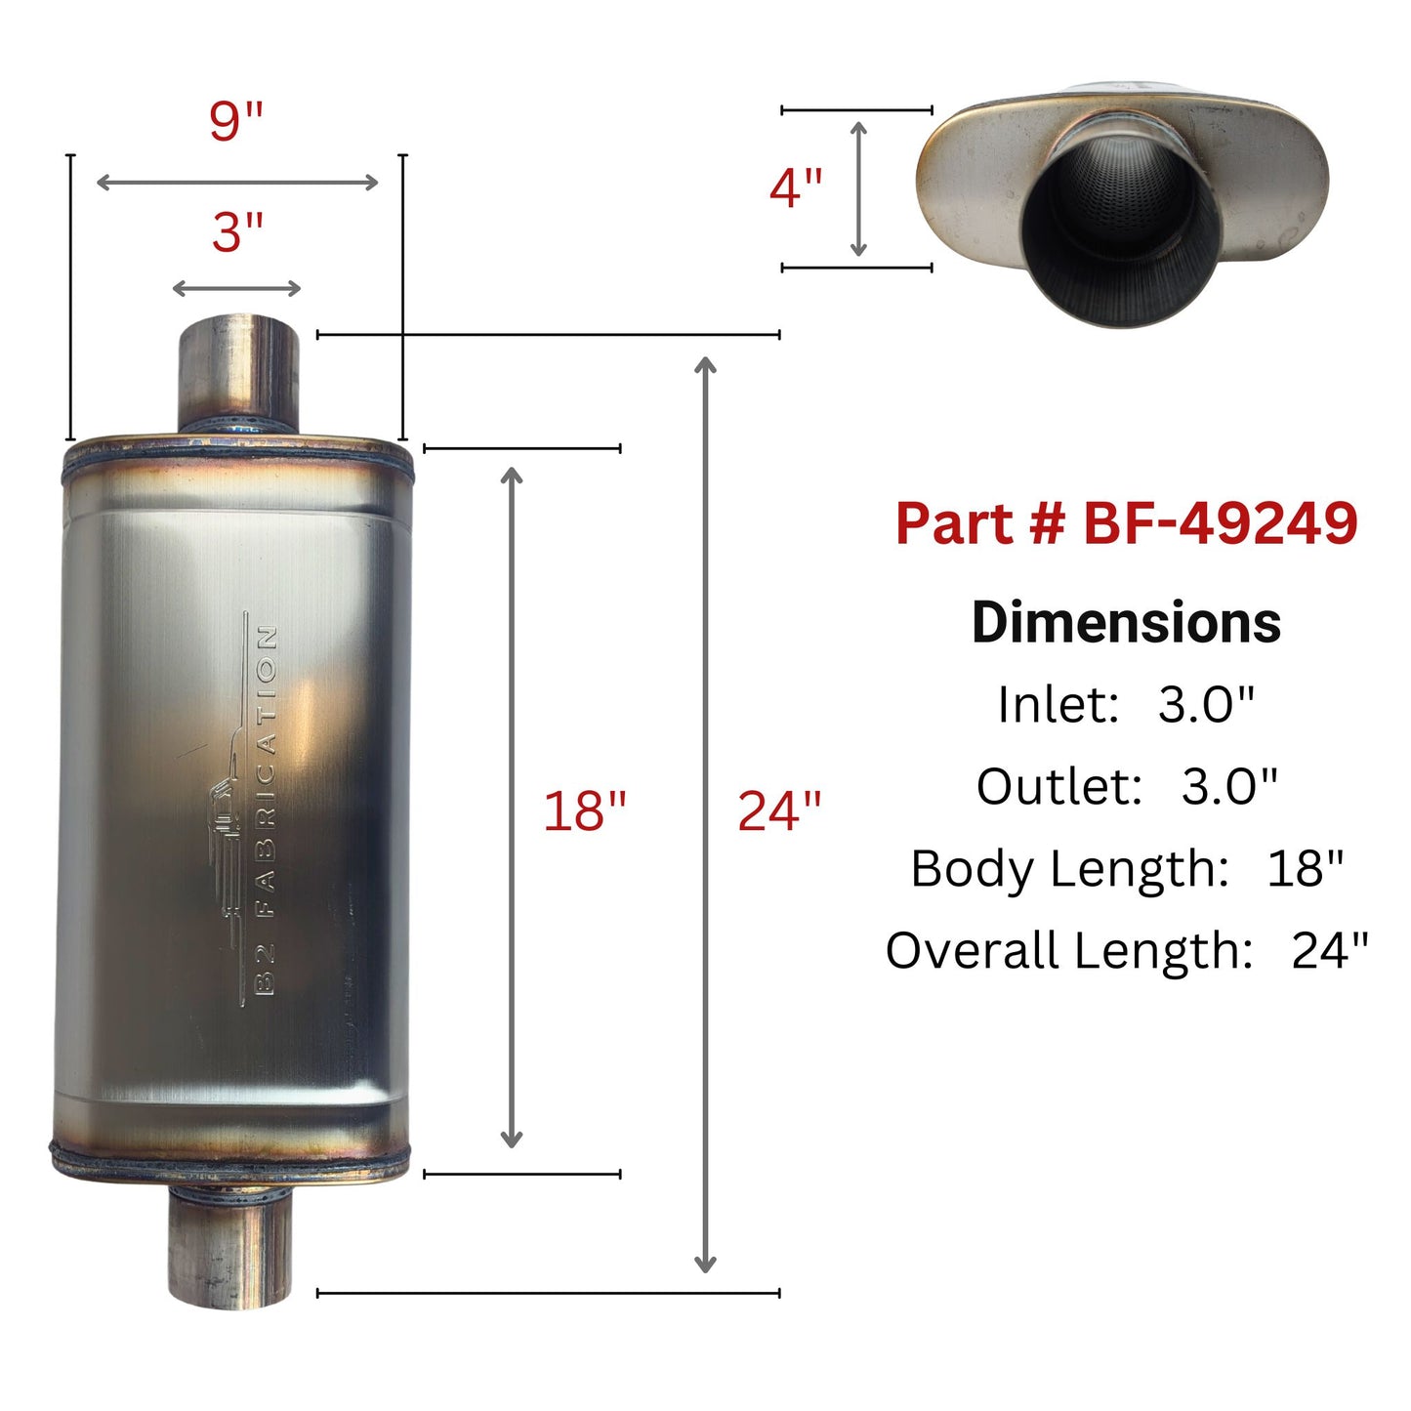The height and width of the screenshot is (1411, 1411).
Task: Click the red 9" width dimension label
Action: [x=236, y=121]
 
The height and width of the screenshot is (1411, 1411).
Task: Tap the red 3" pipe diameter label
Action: [x=238, y=233]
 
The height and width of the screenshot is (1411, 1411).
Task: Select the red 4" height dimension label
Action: [x=796, y=187]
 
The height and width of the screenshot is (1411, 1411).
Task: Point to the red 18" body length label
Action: [x=584, y=811]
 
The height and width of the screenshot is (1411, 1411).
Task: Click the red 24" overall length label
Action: [x=778, y=811]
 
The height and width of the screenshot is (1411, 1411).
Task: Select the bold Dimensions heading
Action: [x=1126, y=622]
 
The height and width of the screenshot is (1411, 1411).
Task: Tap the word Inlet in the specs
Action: [x=1058, y=704]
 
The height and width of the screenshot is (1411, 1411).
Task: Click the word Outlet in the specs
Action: [x=1059, y=786]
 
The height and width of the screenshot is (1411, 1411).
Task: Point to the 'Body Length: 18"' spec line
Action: [x=1127, y=868]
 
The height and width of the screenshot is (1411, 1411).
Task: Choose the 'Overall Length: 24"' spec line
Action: [x=1127, y=950]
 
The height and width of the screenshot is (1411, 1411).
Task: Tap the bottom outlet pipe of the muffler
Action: [x=230, y=1249]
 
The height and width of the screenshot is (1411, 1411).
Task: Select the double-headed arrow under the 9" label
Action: [x=237, y=183]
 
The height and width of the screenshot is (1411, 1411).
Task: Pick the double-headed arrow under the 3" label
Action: [x=237, y=288]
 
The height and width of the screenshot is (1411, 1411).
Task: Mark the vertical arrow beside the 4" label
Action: [x=858, y=188]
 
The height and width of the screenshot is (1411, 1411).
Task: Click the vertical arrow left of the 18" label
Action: [x=511, y=809]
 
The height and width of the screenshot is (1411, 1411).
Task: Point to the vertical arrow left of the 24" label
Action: [x=705, y=814]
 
